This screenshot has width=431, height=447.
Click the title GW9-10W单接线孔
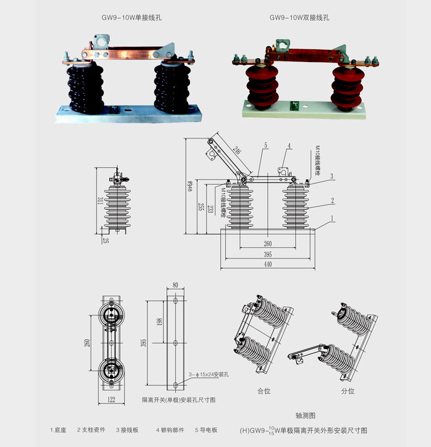point(131,17)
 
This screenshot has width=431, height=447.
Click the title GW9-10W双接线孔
point(300,17)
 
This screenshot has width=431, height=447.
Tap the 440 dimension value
point(267,265)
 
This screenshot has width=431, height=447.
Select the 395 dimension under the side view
point(267,255)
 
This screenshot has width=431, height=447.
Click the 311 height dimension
point(100,201)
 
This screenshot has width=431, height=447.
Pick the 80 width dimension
point(175,285)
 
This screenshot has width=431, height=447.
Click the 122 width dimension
point(112,400)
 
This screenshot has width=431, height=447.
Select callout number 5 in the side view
point(265,145)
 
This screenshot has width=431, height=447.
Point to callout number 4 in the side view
point(289,145)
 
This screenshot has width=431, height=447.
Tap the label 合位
point(264,391)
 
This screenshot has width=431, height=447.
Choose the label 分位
point(348,391)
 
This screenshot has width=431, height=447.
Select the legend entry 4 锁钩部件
point(171,430)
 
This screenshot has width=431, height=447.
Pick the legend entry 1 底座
point(58,430)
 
